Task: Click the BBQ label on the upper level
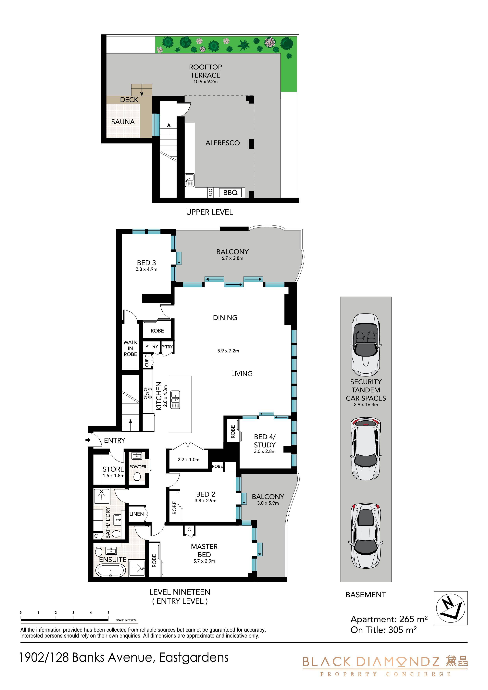pyautogui.click(x=230, y=192)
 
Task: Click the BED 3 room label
pyautogui.click(x=146, y=263)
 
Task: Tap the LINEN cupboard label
pyautogui.click(x=136, y=514)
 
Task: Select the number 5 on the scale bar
pyautogui.click(x=108, y=612)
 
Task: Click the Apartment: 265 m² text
pyautogui.click(x=389, y=619)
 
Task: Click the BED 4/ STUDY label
pyautogui.click(x=265, y=441)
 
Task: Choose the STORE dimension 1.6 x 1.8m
pyautogui.click(x=113, y=476)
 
